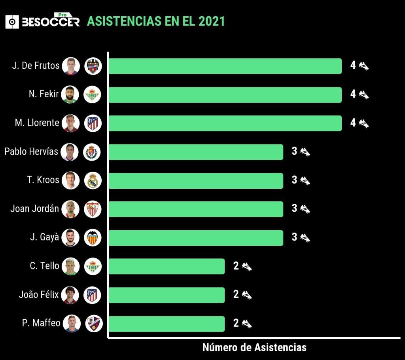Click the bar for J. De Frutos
tap(225, 66)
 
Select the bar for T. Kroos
tap(196, 180)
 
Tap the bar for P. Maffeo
tap(167, 324)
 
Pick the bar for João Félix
tap(167, 295)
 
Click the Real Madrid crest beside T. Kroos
tap(93, 180)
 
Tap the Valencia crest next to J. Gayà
tap(93, 237)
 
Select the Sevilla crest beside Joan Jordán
tap(93, 209)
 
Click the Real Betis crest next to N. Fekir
tap(93, 95)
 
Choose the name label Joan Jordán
tap(34, 208)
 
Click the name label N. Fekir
tap(44, 94)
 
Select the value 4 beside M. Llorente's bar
tap(353, 123)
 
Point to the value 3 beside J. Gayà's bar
tap(294, 237)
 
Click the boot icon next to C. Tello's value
tap(247, 266)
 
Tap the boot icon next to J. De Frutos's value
tap(364, 66)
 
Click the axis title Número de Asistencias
tap(254, 347)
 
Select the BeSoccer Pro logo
tap(42, 21)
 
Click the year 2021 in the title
tap(212, 21)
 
